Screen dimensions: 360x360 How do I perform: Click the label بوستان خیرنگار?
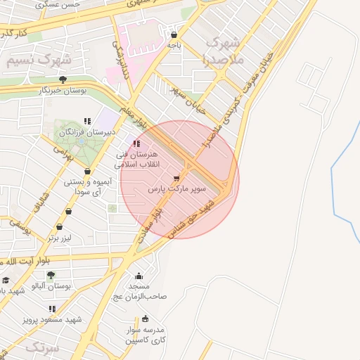point(63,91)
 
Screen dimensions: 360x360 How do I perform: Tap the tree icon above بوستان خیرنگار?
point(63,79)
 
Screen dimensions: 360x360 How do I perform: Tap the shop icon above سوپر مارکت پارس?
point(176,178)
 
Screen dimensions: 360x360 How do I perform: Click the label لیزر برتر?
point(60,238)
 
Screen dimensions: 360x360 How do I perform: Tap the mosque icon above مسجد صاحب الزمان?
point(139,276)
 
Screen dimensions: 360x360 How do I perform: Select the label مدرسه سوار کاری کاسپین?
point(144,335)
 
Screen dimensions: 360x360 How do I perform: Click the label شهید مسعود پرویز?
point(53,319)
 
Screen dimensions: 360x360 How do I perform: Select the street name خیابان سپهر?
point(188,100)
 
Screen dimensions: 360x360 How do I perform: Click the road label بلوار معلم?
point(134,117)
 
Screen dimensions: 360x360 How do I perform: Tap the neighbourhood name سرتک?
point(43,347)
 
